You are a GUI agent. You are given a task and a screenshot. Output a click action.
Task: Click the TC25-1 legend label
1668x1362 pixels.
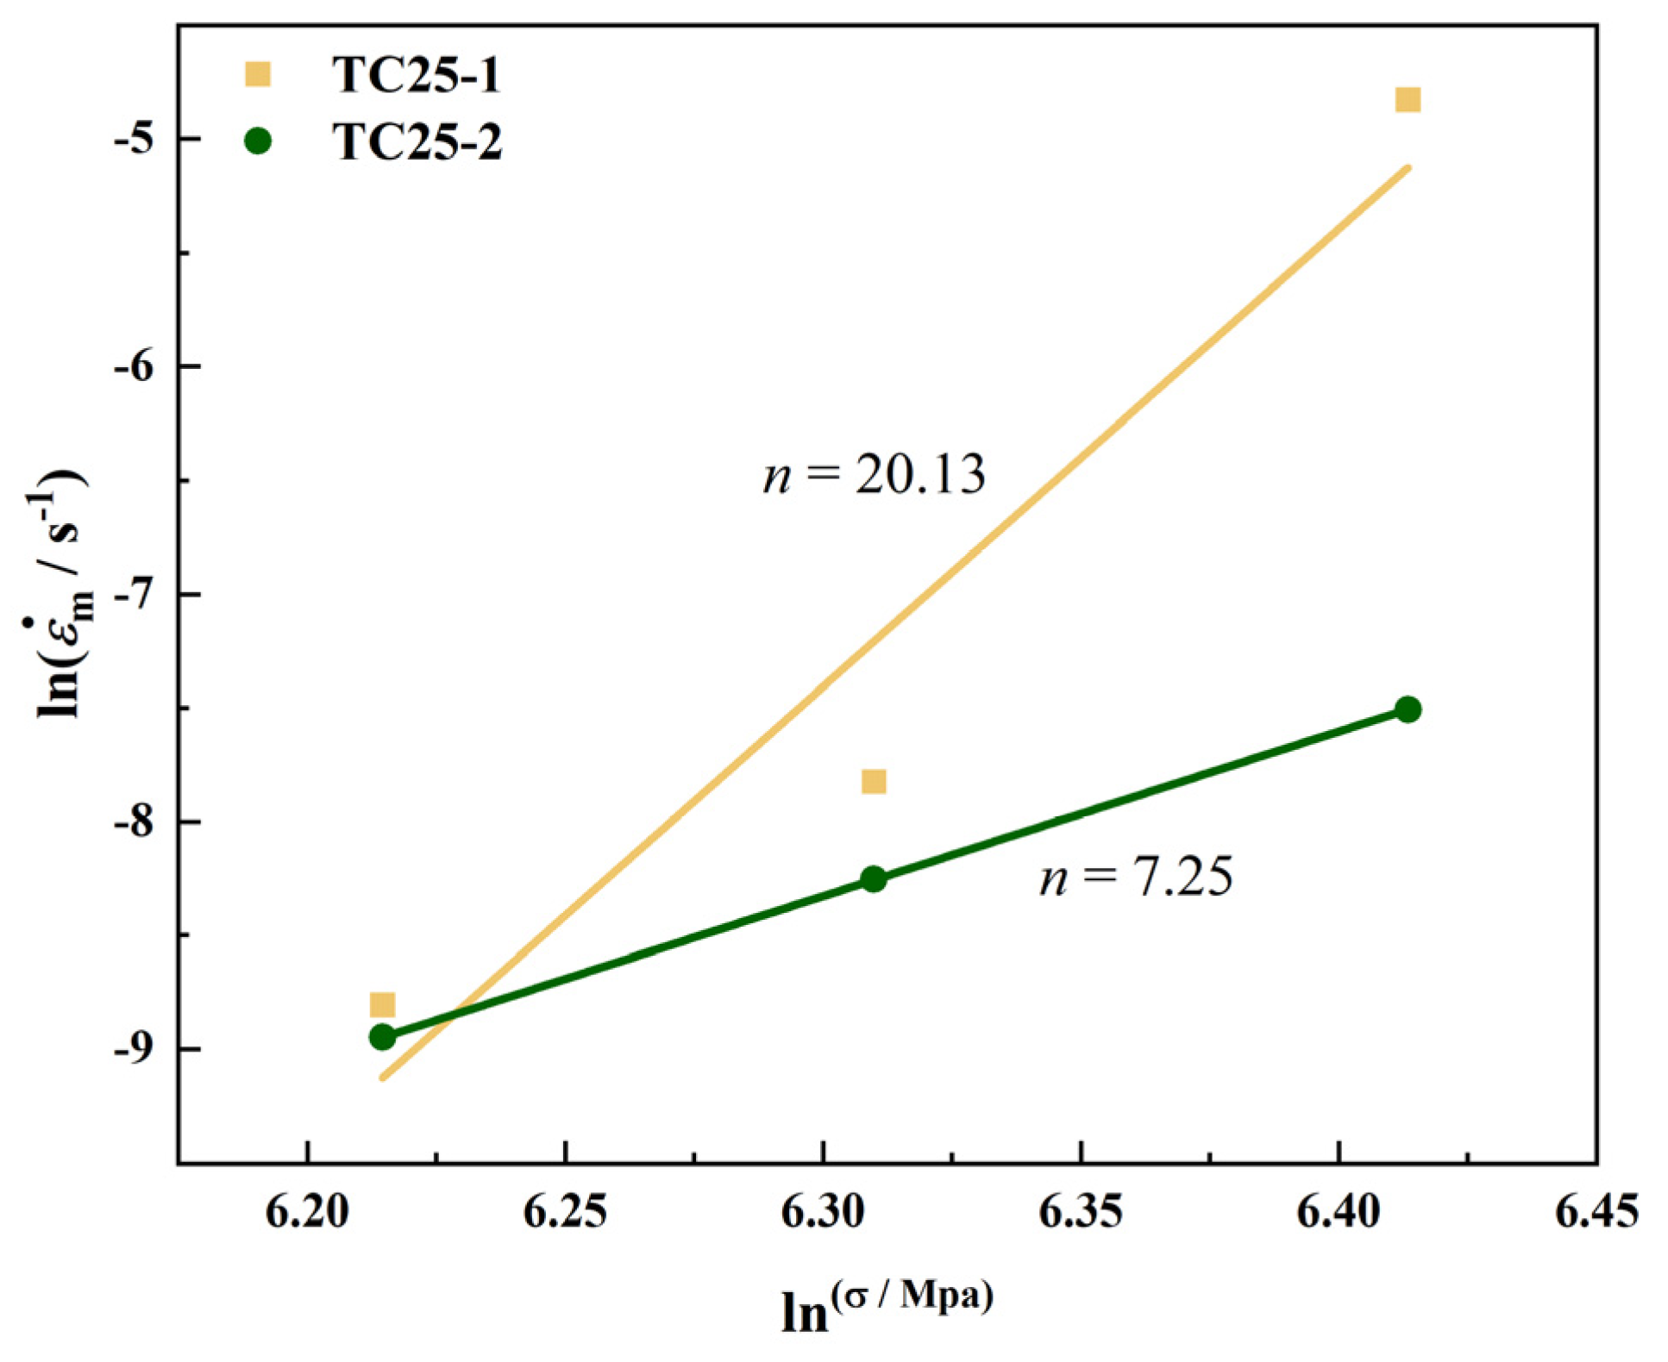[416, 75]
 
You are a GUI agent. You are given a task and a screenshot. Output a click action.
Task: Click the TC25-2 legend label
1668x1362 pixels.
[417, 142]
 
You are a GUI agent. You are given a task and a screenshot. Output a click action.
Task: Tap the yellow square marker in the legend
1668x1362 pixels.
[258, 74]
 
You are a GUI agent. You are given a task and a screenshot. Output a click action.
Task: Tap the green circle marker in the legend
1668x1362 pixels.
[258, 141]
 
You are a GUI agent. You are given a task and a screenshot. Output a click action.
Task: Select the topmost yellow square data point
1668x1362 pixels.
[1408, 100]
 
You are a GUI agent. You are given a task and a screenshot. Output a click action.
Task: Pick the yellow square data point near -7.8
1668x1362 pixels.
[874, 781]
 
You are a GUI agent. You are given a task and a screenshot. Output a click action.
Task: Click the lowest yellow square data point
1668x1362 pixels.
[382, 1004]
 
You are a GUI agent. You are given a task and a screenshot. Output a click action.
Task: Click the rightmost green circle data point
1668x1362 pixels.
[1408, 709]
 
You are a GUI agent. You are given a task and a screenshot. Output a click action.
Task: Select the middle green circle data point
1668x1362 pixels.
[874, 879]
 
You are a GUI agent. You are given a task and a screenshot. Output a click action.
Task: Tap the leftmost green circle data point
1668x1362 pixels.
[382, 1037]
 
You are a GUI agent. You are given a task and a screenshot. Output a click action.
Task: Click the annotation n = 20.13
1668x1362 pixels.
[874, 475]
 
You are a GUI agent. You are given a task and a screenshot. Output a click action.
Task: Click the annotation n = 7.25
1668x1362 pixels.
[1136, 878]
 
